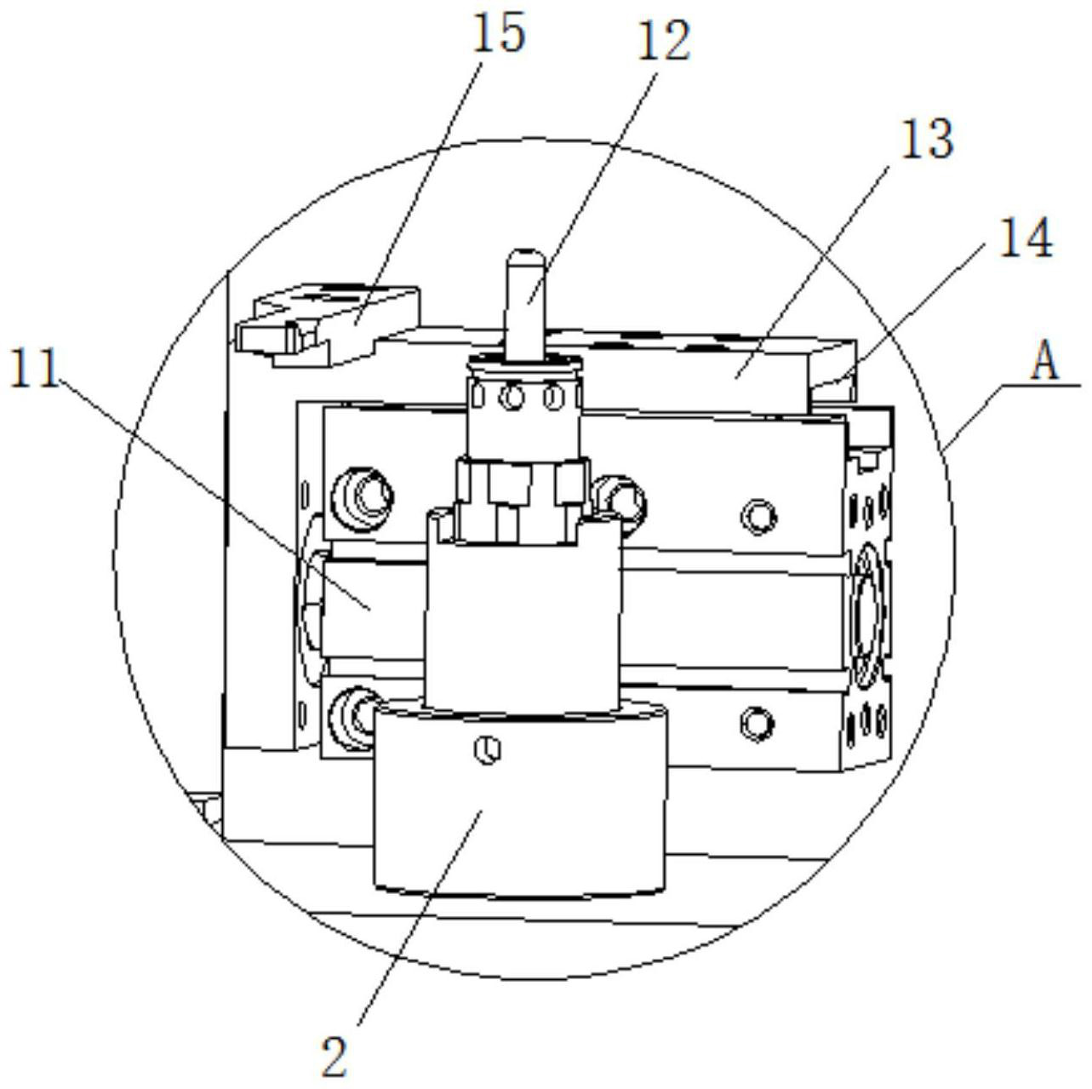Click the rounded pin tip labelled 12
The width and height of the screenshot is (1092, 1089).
point(524,260)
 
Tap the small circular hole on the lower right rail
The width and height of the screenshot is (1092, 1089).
point(757,722)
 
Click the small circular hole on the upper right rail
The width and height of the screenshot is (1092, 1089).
point(758,514)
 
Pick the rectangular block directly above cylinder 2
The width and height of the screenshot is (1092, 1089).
point(522,626)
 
